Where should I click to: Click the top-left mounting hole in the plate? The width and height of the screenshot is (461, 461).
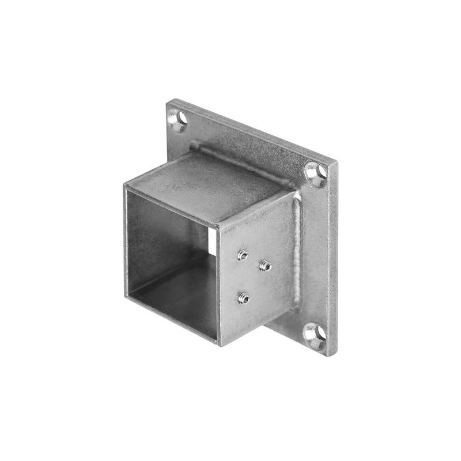[179, 119]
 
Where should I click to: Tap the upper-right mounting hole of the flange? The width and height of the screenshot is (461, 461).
[316, 173]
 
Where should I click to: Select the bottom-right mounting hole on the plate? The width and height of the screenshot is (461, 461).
[315, 334]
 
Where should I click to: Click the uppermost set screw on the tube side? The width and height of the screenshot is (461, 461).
[243, 254]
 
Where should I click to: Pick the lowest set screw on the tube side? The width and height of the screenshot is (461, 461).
[243, 298]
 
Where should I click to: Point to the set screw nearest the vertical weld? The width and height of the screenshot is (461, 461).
[264, 265]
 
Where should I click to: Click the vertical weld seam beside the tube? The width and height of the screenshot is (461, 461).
[297, 248]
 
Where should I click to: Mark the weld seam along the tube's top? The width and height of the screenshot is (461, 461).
[242, 161]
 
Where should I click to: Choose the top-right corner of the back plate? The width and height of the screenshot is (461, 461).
[336, 163]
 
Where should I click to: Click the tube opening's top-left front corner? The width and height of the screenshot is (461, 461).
[125, 186]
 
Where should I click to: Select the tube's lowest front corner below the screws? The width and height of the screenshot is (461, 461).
[219, 345]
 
